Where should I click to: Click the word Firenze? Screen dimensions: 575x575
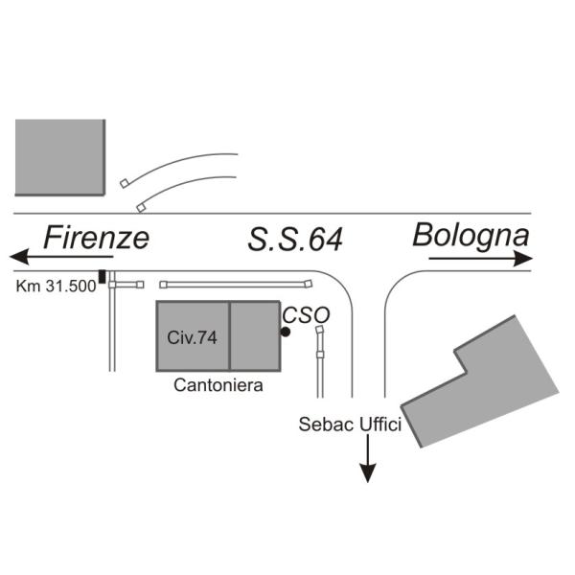97,237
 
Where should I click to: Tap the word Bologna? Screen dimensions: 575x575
471,234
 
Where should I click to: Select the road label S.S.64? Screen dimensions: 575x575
295,239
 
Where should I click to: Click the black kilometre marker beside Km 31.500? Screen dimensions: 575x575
103,278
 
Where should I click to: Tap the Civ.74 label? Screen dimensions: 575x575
193,336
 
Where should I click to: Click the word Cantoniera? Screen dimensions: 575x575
218,385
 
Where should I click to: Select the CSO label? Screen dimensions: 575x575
306,314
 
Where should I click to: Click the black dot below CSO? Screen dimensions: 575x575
286,332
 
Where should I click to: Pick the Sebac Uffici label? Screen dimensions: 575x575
349,424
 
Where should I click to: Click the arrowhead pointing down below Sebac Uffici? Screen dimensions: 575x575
368,473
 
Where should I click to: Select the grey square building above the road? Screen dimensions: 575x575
59,157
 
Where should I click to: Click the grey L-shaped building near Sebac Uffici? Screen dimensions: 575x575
479,383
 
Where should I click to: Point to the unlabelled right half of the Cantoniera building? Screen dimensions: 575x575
256,336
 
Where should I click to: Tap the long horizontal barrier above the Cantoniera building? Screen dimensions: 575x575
236,284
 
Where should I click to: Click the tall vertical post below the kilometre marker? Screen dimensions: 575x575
112,326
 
